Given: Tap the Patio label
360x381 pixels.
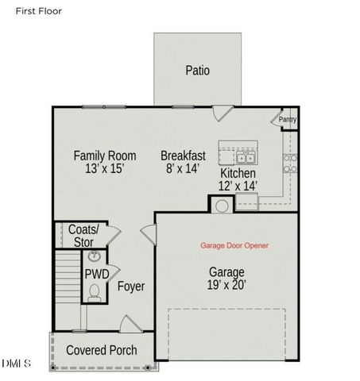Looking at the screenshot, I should pos(198,70).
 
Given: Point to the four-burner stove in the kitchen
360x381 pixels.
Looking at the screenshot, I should pos(290,164).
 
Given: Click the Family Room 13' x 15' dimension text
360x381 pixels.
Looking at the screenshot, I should pos(104,169).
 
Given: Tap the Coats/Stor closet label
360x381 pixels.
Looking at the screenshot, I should pos(80,235).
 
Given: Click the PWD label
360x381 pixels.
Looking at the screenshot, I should pos(97,274).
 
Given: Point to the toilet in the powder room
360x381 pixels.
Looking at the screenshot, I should pos(95,293).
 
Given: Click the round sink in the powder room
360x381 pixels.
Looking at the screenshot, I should pos(95,257).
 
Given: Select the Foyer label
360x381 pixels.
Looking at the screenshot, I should pos(131,287).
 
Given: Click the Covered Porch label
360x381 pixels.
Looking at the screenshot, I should pos(101,350).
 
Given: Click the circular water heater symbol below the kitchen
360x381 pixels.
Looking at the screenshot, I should pos(222,205).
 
